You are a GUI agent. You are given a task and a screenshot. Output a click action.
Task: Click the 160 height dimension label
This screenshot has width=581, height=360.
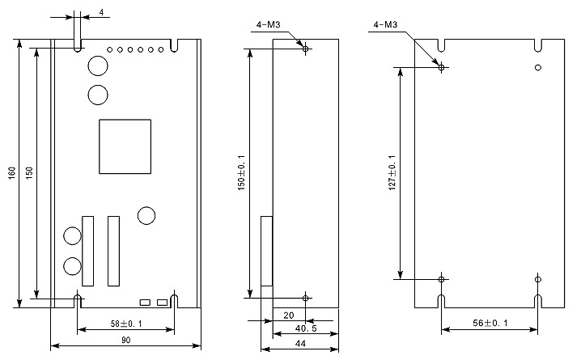pyautogui.click(x=12, y=173)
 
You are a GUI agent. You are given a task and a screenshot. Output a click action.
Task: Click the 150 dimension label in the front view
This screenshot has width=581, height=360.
pyautogui.click(x=29, y=173)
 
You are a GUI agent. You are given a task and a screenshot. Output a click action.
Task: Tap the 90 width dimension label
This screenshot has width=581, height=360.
pyautogui.click(x=126, y=341)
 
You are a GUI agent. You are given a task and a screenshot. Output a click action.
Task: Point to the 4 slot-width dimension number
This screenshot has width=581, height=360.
pyautogui.click(x=101, y=12)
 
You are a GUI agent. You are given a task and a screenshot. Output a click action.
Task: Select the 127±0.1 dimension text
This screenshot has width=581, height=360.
pyautogui.click(x=392, y=173)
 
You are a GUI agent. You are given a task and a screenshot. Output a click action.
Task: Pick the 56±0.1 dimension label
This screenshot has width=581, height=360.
pyautogui.click(x=490, y=323)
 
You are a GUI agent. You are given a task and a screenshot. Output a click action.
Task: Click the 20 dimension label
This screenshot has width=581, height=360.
pyautogui.click(x=288, y=315)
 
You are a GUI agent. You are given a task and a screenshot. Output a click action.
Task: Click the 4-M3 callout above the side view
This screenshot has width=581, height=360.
pyautogui.click(x=268, y=25)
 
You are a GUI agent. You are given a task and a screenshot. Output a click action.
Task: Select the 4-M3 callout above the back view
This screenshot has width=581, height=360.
pyautogui.click(x=384, y=25)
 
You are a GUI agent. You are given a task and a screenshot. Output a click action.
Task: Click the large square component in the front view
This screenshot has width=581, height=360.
pyautogui.click(x=125, y=146)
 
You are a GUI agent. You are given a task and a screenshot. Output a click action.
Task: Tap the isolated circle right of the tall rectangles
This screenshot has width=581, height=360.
pyautogui.click(x=146, y=215)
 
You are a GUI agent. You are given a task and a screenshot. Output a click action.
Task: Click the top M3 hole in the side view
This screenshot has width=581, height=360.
pyautogui.click(x=305, y=49)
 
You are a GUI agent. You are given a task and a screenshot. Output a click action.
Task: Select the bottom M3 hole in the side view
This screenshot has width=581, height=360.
pyautogui.click(x=305, y=299)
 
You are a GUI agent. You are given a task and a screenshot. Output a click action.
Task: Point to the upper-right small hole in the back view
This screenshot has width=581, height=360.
pyautogui.click(x=538, y=67)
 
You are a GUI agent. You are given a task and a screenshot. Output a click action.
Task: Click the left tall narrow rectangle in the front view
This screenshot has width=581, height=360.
pyautogui.click(x=87, y=250)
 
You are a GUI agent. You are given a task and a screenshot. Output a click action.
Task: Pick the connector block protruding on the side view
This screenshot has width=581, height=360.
pyautogui.click(x=265, y=251)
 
